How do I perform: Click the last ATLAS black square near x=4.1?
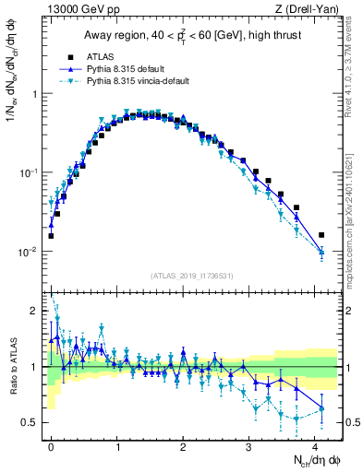[x=321, y=235]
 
